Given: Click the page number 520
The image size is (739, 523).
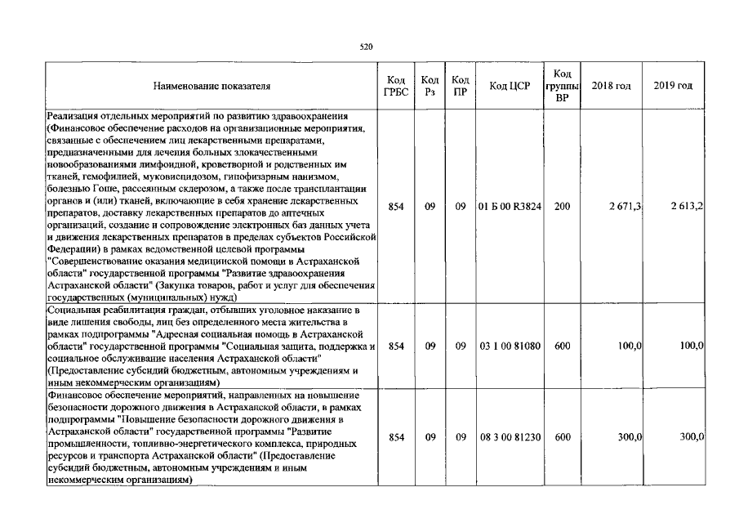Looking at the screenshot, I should point(366,47).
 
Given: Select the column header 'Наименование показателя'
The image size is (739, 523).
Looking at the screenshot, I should point(211,86).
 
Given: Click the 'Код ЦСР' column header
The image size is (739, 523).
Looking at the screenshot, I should point(508,86).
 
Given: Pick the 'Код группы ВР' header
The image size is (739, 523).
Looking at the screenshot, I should point(562,86).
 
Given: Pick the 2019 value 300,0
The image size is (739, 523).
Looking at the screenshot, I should point(692,438).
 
